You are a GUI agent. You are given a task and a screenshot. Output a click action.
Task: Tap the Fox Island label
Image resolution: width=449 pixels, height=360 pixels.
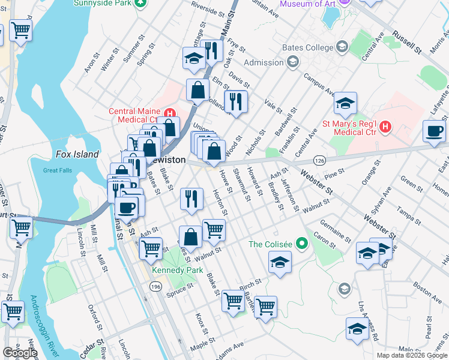tap(77, 154)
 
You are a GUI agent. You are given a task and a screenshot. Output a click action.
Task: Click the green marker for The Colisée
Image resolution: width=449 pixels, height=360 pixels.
tap(303, 244)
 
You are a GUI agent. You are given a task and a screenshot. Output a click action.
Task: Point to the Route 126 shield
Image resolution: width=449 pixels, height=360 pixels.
tap(319, 161)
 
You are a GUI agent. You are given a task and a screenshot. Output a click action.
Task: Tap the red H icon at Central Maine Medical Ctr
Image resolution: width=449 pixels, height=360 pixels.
tap(169, 112)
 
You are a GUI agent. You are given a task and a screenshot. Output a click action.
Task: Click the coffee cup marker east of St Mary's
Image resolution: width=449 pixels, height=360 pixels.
tap(434, 131)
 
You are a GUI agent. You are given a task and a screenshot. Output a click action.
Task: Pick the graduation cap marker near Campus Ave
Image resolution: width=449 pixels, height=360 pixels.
tap(345, 104)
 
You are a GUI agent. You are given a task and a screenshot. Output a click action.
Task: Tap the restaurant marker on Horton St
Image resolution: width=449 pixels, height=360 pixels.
tap(191, 199)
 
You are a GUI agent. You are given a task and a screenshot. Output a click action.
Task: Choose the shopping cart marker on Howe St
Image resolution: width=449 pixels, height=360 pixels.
tap(214, 229)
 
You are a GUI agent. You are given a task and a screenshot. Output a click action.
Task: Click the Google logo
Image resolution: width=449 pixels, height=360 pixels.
tap(20, 353)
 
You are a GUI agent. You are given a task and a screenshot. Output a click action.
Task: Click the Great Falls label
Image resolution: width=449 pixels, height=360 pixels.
tap(59, 170)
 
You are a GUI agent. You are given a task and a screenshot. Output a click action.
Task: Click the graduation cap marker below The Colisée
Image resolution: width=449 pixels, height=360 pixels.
tap(280, 263)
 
